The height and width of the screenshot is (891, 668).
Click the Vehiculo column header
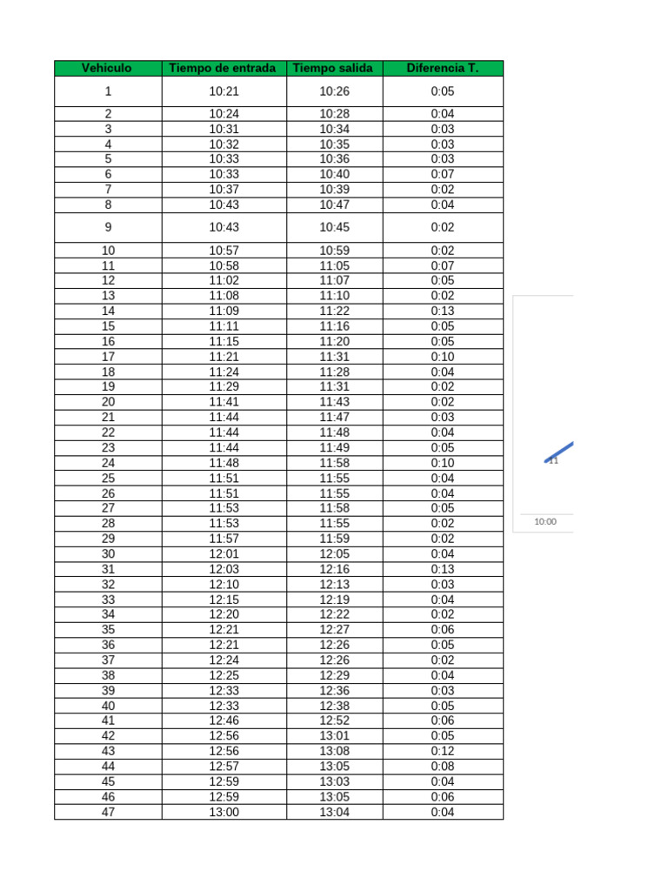click(x=107, y=68)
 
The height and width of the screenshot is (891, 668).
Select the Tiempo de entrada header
click(x=223, y=68)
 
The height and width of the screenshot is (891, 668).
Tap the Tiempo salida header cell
click(x=333, y=68)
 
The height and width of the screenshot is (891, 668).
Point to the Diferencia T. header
click(x=442, y=68)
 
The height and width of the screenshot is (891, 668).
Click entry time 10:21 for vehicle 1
click(x=223, y=91)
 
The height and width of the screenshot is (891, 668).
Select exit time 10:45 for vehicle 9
click(x=333, y=227)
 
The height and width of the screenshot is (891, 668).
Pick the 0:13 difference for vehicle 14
click(x=442, y=311)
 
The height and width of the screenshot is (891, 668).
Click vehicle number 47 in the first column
click(x=108, y=812)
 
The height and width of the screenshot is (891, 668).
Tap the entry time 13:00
click(x=223, y=812)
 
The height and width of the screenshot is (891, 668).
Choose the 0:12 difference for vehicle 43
click(x=442, y=751)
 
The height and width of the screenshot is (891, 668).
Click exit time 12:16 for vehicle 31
click(x=333, y=569)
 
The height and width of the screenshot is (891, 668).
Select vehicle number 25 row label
click(x=108, y=478)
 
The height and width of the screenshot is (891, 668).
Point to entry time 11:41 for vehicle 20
click(x=223, y=402)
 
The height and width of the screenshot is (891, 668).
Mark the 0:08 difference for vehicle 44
click(x=442, y=767)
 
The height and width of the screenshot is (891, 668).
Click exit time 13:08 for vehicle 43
click(x=333, y=751)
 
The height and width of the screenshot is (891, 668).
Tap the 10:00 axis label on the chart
click(x=545, y=522)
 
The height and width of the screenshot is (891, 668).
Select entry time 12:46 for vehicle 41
click(x=223, y=720)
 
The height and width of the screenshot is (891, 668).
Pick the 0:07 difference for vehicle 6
click(x=442, y=174)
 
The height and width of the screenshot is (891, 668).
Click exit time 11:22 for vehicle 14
click(x=333, y=311)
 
